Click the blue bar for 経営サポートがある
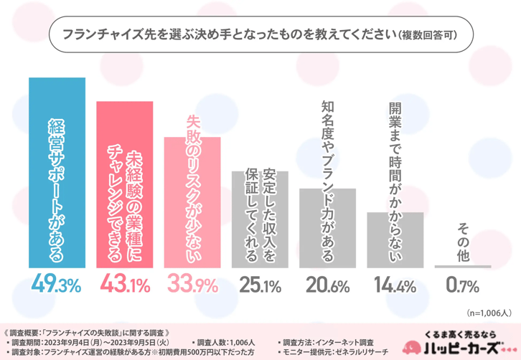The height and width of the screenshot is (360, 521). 57,172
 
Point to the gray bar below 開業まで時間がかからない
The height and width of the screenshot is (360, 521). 395,240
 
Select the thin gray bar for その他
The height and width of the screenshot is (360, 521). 462,267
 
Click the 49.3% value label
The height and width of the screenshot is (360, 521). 57,285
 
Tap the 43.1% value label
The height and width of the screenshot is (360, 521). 125,285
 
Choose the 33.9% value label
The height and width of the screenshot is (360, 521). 192,285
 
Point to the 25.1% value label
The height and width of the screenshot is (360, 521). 260,285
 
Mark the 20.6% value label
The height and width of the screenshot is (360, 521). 327,285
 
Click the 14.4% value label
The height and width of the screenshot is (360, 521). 395,285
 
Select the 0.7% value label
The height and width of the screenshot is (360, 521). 462,285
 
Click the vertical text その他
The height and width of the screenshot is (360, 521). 462,240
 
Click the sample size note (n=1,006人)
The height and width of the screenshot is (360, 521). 488,313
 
